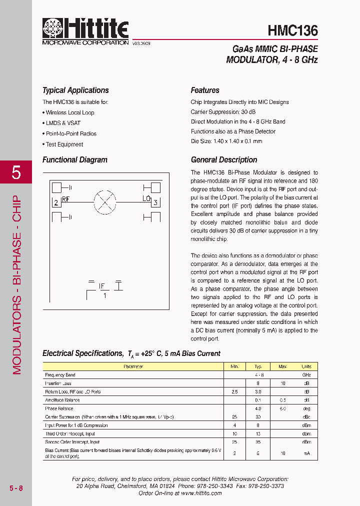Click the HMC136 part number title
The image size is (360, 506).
click(x=292, y=31)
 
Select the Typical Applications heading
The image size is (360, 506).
click(x=75, y=90)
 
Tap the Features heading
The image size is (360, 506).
click(x=205, y=90)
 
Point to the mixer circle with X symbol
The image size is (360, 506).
click(x=105, y=202)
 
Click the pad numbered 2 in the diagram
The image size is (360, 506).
click(x=56, y=202)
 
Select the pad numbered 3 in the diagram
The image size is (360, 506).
click(x=155, y=202)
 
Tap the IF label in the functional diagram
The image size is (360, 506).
click(x=102, y=286)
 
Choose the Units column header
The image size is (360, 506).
click(x=306, y=366)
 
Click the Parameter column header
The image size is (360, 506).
click(x=133, y=366)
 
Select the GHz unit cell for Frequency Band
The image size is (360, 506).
click(x=306, y=374)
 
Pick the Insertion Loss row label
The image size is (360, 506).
click(x=58, y=383)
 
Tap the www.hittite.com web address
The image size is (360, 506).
click(x=201, y=493)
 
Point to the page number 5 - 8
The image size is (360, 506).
click(x=15, y=488)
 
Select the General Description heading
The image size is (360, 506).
click(x=224, y=160)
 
